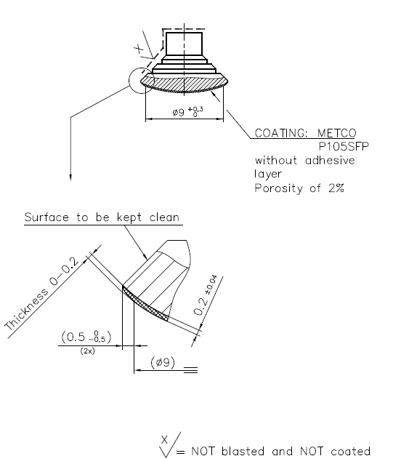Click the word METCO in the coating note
pyautogui.click(x=336, y=133)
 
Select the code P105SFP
pyautogui.click(x=344, y=146)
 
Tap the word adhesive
pyautogui.click(x=330, y=161)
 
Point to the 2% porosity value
pyautogui.click(x=336, y=188)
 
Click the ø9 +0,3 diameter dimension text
pyautogui.click(x=188, y=111)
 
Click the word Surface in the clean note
pyautogui.click(x=46, y=217)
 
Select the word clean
pyautogui.click(x=164, y=217)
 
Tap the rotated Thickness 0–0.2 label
pyautogui.click(x=41, y=294)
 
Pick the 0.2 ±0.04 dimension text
pyautogui.click(x=206, y=295)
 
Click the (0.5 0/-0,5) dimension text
pyautogui.click(x=86, y=337)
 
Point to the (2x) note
pyautogui.click(x=87, y=351)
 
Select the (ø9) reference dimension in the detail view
pyautogui.click(x=163, y=362)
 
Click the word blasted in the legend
pyautogui.click(x=243, y=452)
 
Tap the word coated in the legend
pyautogui.click(x=350, y=452)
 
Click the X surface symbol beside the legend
pyautogui.click(x=169, y=445)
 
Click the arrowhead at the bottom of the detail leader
pyautogui.click(x=70, y=177)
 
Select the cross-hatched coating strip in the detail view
pyautogui.click(x=145, y=304)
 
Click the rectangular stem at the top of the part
pyautogui.click(x=184, y=44)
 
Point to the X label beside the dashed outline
pyautogui.click(x=139, y=48)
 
